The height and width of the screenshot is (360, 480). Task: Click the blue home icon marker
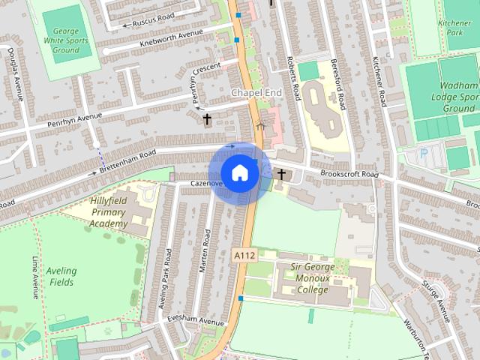tap(239, 173)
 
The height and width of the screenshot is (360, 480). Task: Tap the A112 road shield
tap(244, 256)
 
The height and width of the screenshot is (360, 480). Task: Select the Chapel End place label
tap(256, 92)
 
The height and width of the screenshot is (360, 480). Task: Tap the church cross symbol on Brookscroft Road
tap(282, 175)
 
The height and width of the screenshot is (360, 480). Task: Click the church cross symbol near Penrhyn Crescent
tap(208, 118)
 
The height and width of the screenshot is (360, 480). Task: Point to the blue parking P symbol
tap(424, 154)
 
